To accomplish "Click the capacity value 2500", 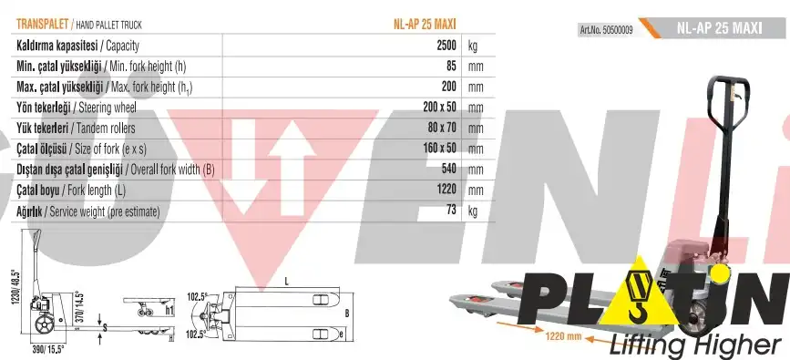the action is pyautogui.click(x=446, y=46).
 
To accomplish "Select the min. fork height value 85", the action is pyautogui.click(x=451, y=66).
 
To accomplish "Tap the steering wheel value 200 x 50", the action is pyautogui.click(x=440, y=107).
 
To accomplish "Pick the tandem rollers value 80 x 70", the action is pyautogui.click(x=442, y=128).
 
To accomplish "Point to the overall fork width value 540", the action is pyautogui.click(x=448, y=169).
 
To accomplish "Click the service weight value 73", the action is pyautogui.click(x=451, y=210).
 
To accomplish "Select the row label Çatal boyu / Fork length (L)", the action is pyautogui.click(x=71, y=190).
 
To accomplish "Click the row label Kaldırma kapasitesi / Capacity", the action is pyautogui.click(x=77, y=46).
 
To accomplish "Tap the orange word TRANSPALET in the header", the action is pyautogui.click(x=42, y=25).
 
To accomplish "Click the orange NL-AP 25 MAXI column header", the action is pyautogui.click(x=425, y=25).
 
